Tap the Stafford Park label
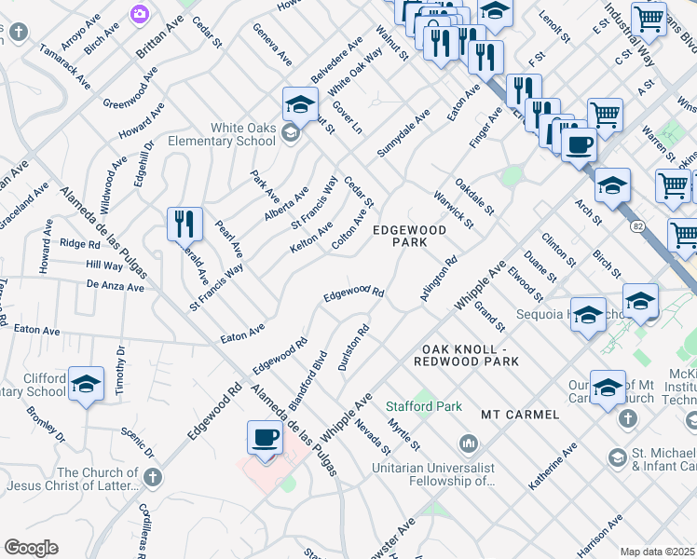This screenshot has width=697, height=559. click(411, 406)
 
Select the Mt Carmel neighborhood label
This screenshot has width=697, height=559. click(520, 414)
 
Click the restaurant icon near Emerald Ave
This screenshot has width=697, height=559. click(184, 225)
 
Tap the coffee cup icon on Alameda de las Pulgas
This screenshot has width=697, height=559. click(265, 437)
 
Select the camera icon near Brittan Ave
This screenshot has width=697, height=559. click(140, 14)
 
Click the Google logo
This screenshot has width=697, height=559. click(31, 548)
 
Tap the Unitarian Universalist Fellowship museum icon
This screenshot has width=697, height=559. click(467, 441)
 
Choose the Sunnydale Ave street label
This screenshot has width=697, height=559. click(403, 131)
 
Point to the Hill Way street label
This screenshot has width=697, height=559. click(103, 266)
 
